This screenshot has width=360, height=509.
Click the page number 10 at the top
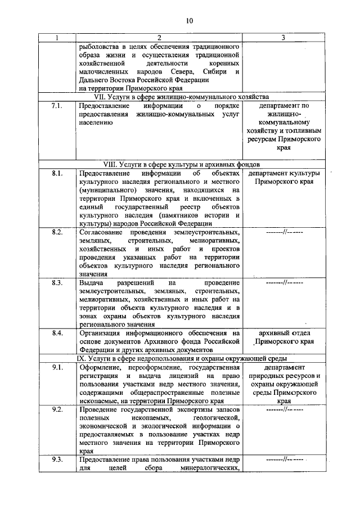(189, 21)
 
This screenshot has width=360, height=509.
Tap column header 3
(283, 38)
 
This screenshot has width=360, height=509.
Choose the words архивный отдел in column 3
(283, 333)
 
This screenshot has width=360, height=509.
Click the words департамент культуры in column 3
(283, 173)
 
